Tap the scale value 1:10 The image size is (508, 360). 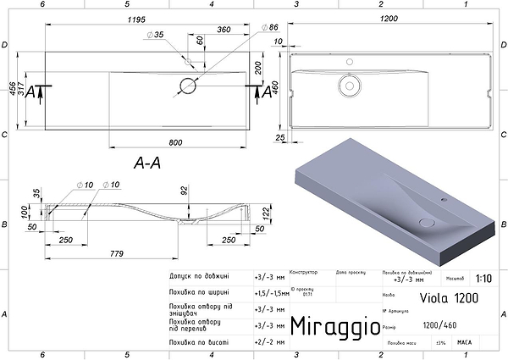pyautogui.click(x=483, y=277)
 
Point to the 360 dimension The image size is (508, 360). pyautogui.click(x=224, y=29)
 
